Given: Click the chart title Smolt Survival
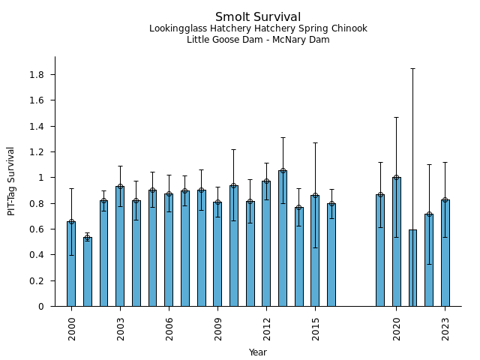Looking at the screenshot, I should (258, 17).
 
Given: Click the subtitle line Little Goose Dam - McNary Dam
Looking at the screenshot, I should (258, 40).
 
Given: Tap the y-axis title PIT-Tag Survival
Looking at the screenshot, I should (11, 181).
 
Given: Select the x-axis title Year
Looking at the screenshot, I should (258, 352).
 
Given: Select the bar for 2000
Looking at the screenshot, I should (71, 264).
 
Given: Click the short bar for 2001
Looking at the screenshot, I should (88, 271).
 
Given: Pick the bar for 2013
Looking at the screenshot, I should (283, 238).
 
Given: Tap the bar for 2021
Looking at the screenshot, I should (412, 268).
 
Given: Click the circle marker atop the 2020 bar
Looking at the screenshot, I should (396, 178).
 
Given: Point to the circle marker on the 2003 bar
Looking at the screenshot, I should (120, 187).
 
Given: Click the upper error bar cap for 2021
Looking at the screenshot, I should (412, 69).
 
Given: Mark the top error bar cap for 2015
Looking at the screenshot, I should (315, 142).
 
